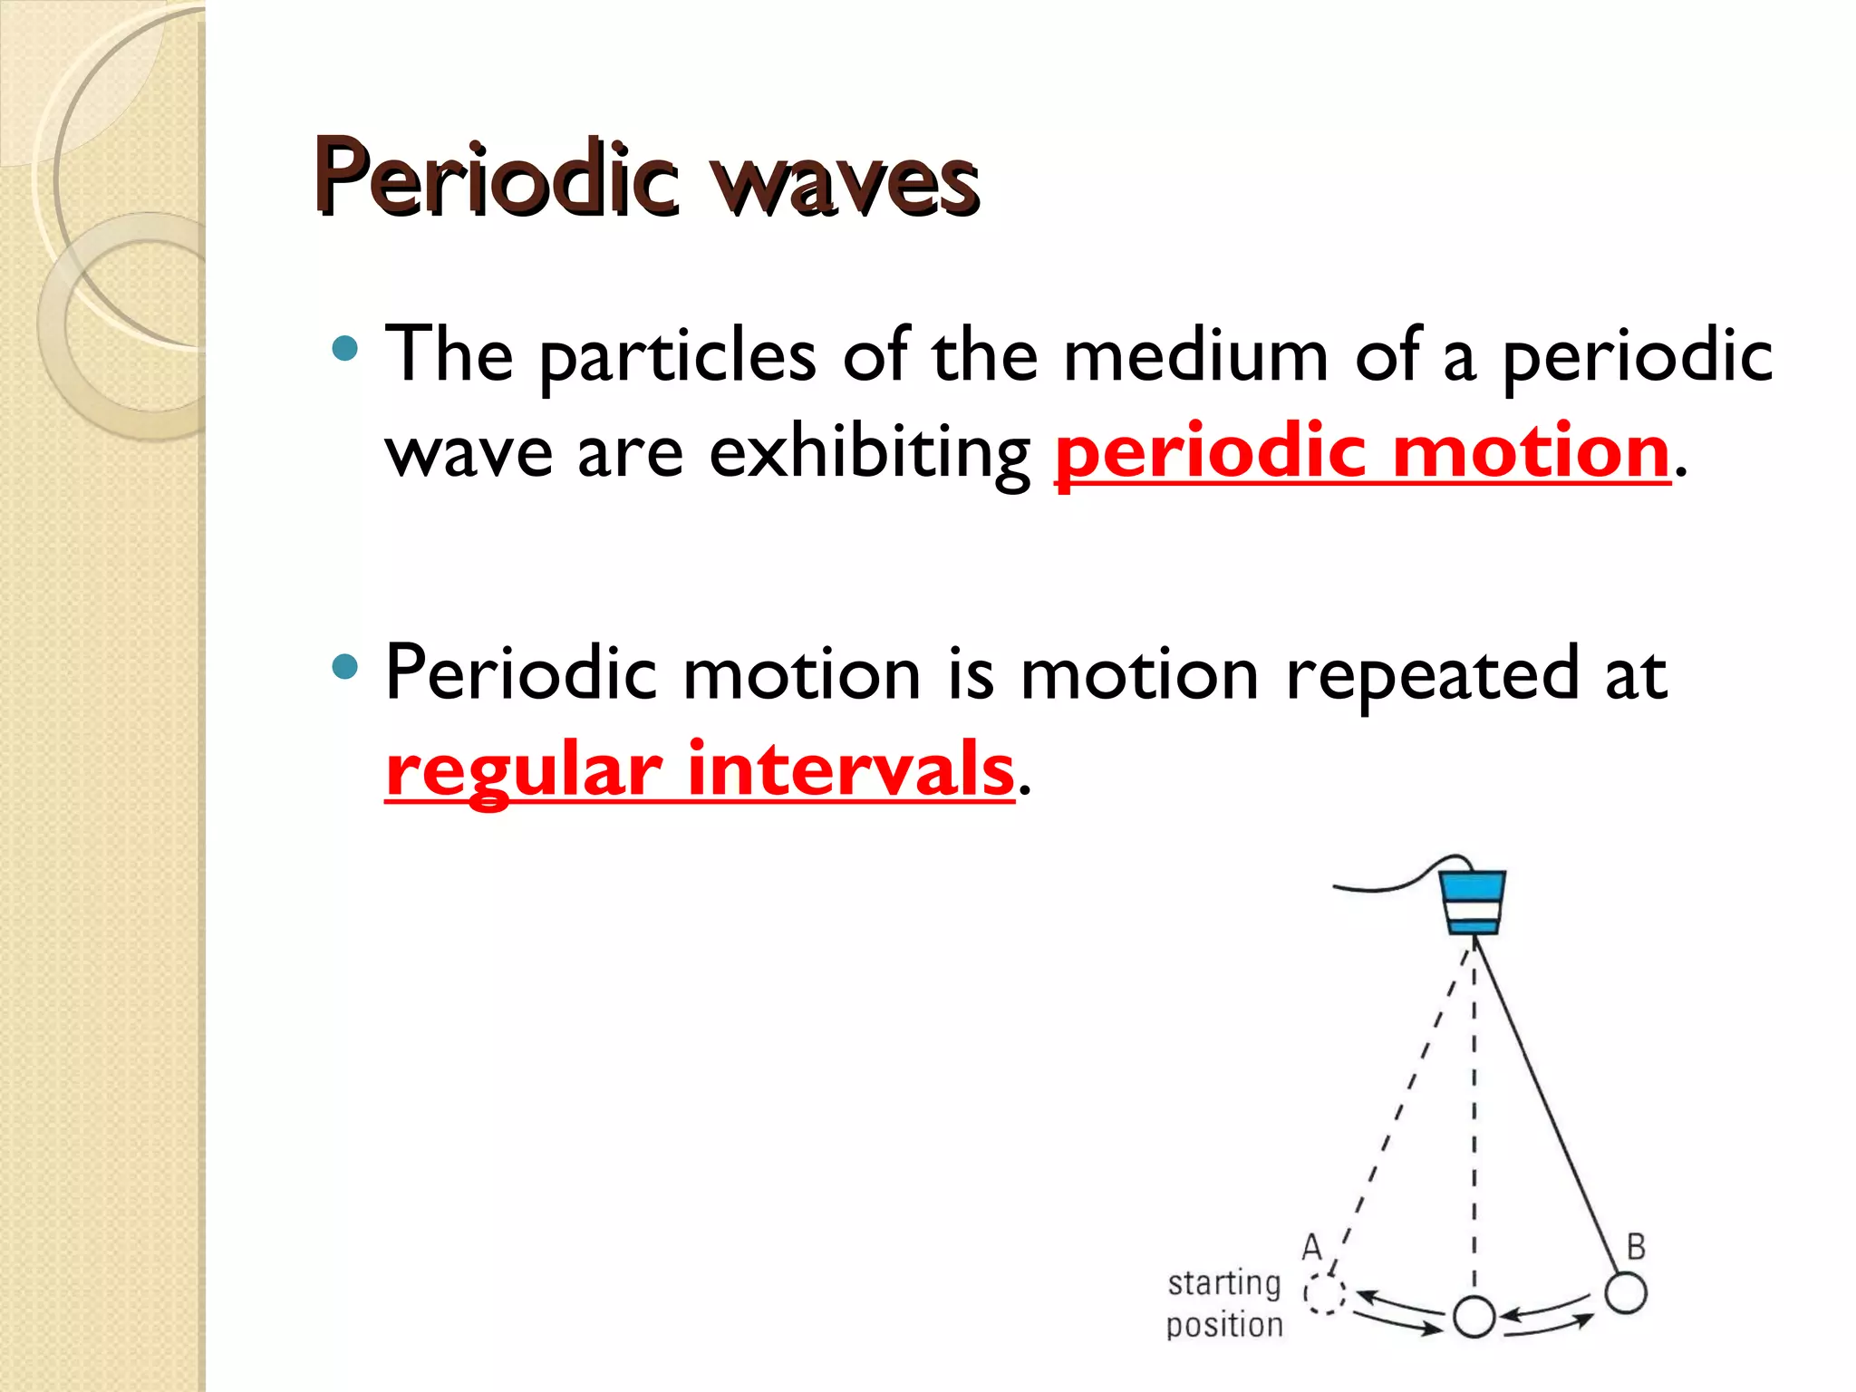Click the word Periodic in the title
coord(497,179)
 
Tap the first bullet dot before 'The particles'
coord(344,348)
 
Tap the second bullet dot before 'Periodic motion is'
coord(344,668)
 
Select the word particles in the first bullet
coord(678,356)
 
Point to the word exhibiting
coord(869,453)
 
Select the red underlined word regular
coord(524,771)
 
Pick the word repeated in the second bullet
coord(1432,674)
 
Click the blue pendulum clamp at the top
coord(1473,901)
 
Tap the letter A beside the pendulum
coord(1311,1248)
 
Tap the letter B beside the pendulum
coord(1635,1247)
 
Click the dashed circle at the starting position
coord(1323,1294)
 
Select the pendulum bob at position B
coord(1625,1292)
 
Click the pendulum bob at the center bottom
coord(1474,1317)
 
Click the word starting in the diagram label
coord(1223,1284)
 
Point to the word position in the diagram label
coord(1224,1326)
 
